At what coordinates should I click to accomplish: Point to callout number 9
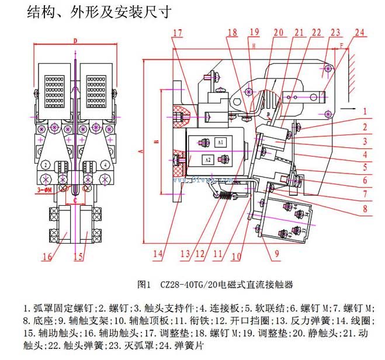[x=275, y=254]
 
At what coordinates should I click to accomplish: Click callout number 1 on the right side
[x=363, y=110]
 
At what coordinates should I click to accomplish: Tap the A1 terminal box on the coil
[x=220, y=142]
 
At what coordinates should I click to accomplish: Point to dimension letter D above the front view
[x=75, y=40]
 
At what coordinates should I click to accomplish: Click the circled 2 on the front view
[x=45, y=165]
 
